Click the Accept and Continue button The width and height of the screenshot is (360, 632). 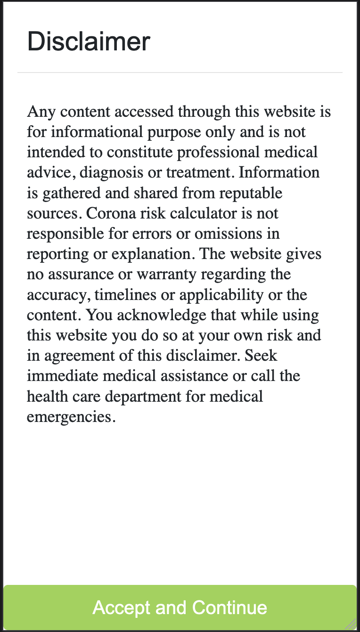point(180,608)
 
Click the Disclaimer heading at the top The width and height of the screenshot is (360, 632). point(89,41)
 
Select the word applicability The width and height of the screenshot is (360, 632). point(221,295)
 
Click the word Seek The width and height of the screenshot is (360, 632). point(261,356)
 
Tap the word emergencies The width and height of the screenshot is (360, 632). point(71,417)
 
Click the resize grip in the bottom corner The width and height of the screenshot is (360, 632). point(352,624)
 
